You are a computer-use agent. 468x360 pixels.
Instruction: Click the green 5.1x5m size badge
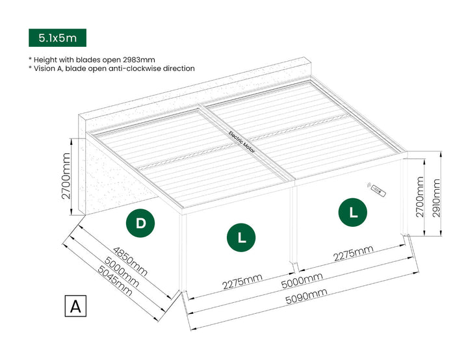(57, 38)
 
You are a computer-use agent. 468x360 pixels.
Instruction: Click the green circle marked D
(140, 223)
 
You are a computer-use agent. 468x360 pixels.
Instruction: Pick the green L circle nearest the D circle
(241, 238)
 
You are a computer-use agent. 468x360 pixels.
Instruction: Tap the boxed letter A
(76, 305)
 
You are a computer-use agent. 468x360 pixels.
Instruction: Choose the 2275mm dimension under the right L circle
(353, 254)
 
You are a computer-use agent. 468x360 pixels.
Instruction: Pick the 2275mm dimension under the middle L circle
(242, 281)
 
